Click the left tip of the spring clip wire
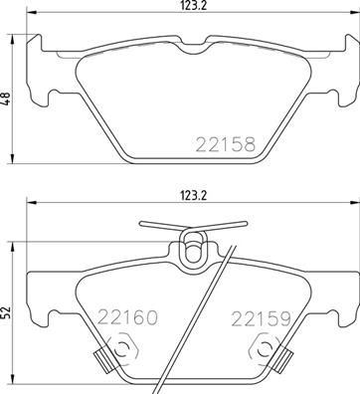coord(141,225)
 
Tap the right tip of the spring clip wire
coord(242,225)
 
